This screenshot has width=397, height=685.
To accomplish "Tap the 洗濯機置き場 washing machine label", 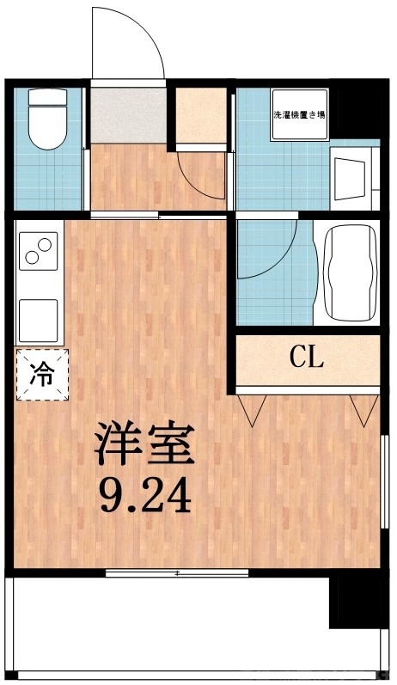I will (298, 114).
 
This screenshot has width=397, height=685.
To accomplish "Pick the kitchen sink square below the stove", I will (38, 317).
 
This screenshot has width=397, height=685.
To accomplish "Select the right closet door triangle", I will (360, 410).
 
